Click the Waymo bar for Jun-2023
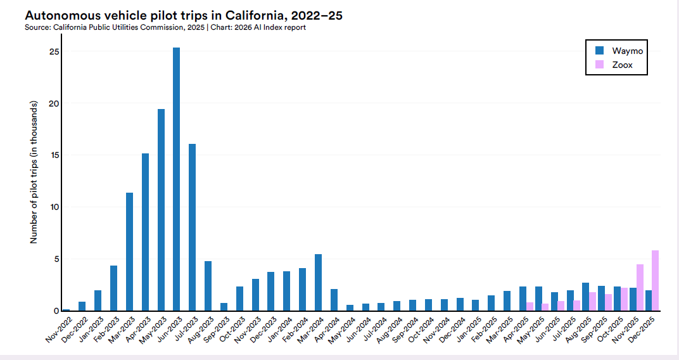[176, 179]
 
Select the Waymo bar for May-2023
[161, 210]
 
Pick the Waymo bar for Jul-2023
[192, 228]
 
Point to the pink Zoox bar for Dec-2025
[655, 281]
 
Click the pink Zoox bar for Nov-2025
[640, 288]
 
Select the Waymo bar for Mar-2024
[318, 283]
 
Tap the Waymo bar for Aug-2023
[208, 286]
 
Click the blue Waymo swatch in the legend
[600, 50]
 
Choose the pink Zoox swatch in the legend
[600, 65]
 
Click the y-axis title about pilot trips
[34, 171]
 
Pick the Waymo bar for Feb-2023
[113, 288]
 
